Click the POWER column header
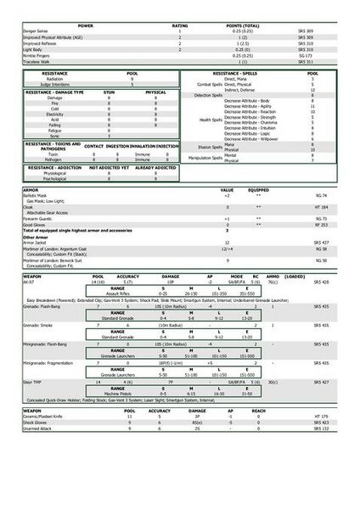tap(85, 26)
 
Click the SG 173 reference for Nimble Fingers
tap(306, 57)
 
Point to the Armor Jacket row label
tap(37, 242)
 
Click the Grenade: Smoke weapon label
tap(39, 323)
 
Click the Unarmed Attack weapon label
tap(37, 429)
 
